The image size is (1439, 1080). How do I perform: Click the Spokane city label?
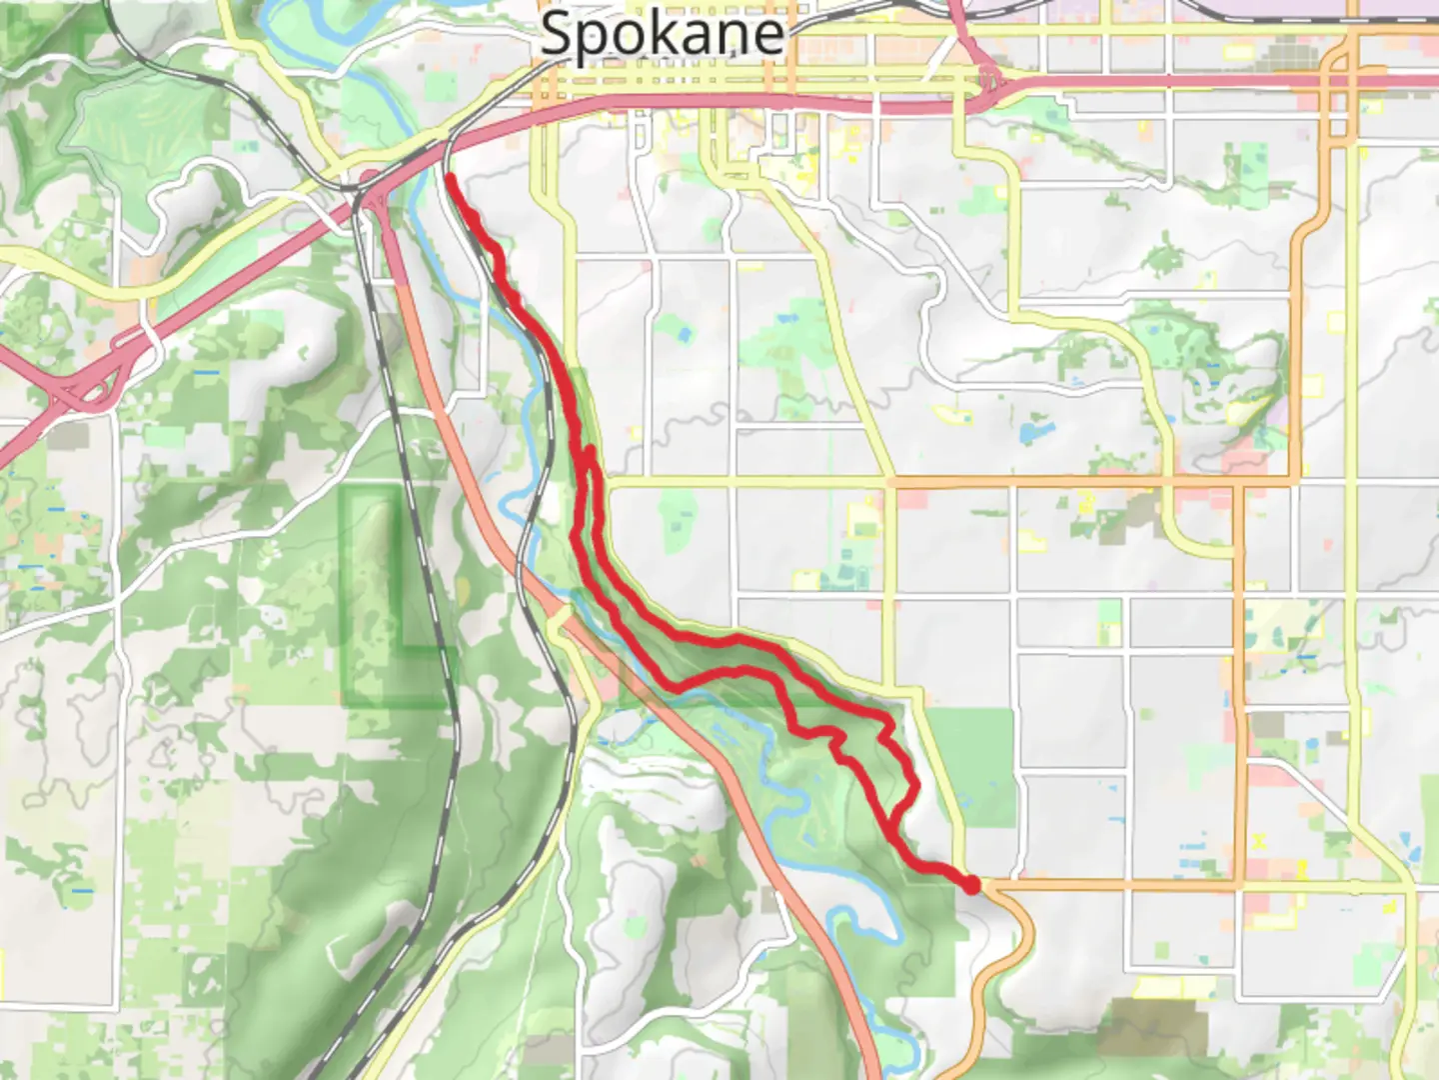pyautogui.click(x=662, y=35)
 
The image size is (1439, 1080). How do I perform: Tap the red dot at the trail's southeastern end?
pyautogui.click(x=971, y=883)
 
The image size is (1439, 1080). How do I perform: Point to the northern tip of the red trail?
pyautogui.click(x=450, y=178)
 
